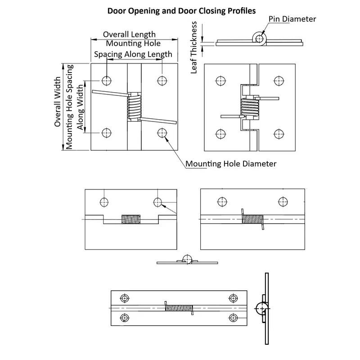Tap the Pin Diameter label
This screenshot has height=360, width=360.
click(x=292, y=19)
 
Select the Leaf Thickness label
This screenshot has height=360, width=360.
click(x=194, y=47)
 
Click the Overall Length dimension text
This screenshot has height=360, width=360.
click(x=129, y=34)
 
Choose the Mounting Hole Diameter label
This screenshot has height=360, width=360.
click(x=231, y=164)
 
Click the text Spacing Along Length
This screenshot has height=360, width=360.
click(x=133, y=54)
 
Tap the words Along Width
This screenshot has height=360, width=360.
click(x=80, y=107)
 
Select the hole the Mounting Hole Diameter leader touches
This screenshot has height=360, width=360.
click(x=162, y=133)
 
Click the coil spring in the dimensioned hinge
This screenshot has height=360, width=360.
click(x=134, y=107)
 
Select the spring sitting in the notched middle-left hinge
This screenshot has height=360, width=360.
click(x=131, y=220)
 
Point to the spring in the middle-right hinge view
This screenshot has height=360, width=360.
click(x=252, y=219)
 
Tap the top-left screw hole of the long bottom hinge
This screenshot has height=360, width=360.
click(x=125, y=298)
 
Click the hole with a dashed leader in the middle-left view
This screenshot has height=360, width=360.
click(x=158, y=202)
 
